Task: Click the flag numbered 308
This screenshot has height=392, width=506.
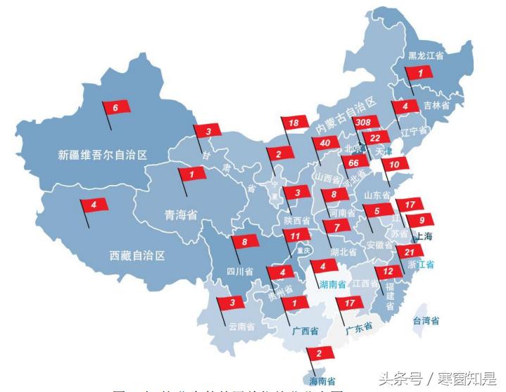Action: tap(364, 123)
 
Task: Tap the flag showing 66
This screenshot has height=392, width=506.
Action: tap(354, 163)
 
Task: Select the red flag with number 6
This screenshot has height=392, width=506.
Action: tap(116, 108)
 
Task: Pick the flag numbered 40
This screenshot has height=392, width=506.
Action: tap(324, 144)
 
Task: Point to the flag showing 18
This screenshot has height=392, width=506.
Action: tap(295, 123)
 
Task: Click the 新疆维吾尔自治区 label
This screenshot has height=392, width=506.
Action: tap(103, 155)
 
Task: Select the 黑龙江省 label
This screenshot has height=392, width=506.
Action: tap(426, 56)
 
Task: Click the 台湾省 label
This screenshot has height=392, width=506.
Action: tap(426, 321)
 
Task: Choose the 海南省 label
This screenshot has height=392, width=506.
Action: tap(320, 381)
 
